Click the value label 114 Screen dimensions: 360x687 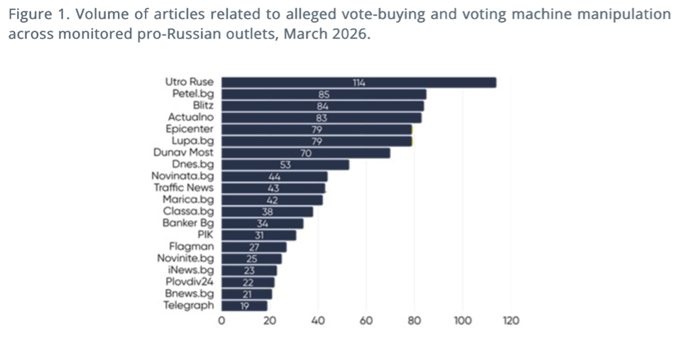359,82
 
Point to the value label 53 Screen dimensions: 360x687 285,165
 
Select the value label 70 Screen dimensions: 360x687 306,153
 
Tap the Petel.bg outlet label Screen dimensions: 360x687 192,94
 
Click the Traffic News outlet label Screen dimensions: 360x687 183,188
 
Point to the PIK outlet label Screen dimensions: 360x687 206,235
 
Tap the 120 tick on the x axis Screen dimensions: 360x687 510,321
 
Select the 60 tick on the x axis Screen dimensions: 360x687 366,321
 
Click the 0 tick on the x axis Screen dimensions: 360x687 221,321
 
